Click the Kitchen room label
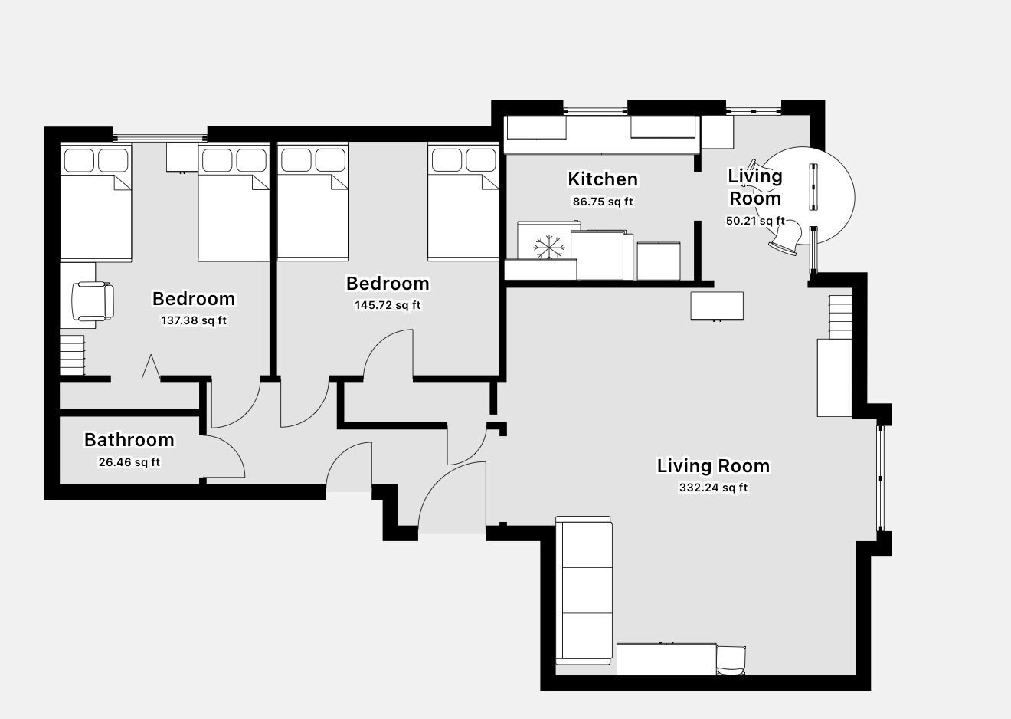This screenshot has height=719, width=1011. (603, 179)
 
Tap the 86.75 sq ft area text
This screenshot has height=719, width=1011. (603, 202)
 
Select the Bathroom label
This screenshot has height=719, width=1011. (129, 440)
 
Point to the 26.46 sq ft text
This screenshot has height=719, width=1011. (129, 462)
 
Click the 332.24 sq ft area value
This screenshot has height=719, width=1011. (713, 488)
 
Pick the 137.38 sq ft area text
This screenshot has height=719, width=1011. (194, 320)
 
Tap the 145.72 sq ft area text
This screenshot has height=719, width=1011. (388, 305)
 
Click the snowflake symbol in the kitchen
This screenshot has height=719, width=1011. (549, 247)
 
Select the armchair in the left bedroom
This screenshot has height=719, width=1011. (93, 301)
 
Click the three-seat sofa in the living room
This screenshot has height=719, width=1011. (584, 590)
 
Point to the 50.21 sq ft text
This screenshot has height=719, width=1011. (755, 221)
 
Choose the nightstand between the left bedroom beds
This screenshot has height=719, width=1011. (182, 157)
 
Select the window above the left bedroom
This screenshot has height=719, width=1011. (160, 138)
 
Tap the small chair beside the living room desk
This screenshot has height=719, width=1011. (731, 660)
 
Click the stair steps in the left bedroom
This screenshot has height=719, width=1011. (72, 355)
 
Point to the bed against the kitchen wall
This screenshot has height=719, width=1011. (463, 202)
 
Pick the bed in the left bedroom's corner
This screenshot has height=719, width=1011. (96, 202)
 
